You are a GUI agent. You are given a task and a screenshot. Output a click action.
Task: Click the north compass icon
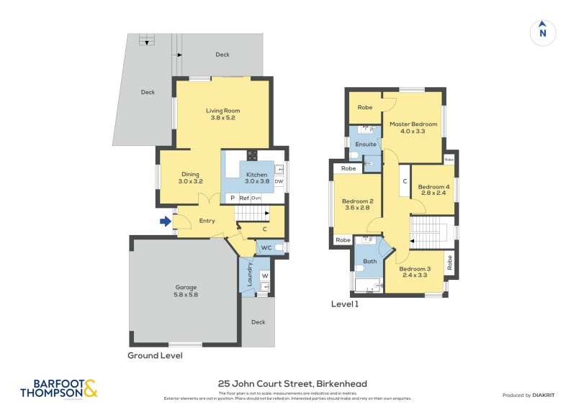click(543, 32)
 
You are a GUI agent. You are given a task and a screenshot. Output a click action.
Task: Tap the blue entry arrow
click(166, 222)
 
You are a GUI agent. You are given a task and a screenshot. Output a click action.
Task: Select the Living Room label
click(222, 114)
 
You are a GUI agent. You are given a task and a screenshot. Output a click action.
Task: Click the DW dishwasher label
click(279, 182)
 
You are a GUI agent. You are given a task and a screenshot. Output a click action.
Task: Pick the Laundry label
click(250, 275)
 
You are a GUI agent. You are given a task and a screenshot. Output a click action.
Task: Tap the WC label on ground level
click(266, 247)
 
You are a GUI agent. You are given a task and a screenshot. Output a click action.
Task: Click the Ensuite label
click(366, 145)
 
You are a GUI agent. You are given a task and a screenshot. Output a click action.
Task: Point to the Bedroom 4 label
click(433, 189)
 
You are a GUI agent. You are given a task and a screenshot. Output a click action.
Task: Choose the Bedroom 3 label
click(414, 271)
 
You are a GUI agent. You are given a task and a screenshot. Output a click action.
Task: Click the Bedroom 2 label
click(356, 204)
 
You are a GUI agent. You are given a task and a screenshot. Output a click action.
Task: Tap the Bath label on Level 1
click(369, 262)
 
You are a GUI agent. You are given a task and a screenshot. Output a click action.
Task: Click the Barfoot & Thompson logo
click(58, 389)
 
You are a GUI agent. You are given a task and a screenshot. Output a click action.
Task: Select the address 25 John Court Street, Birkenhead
click(292, 384)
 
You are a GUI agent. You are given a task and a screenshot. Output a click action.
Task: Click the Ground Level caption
click(155, 355)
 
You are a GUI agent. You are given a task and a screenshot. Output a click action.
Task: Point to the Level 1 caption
click(344, 304)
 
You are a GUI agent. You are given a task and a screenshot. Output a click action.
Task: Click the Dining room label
click(190, 178)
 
